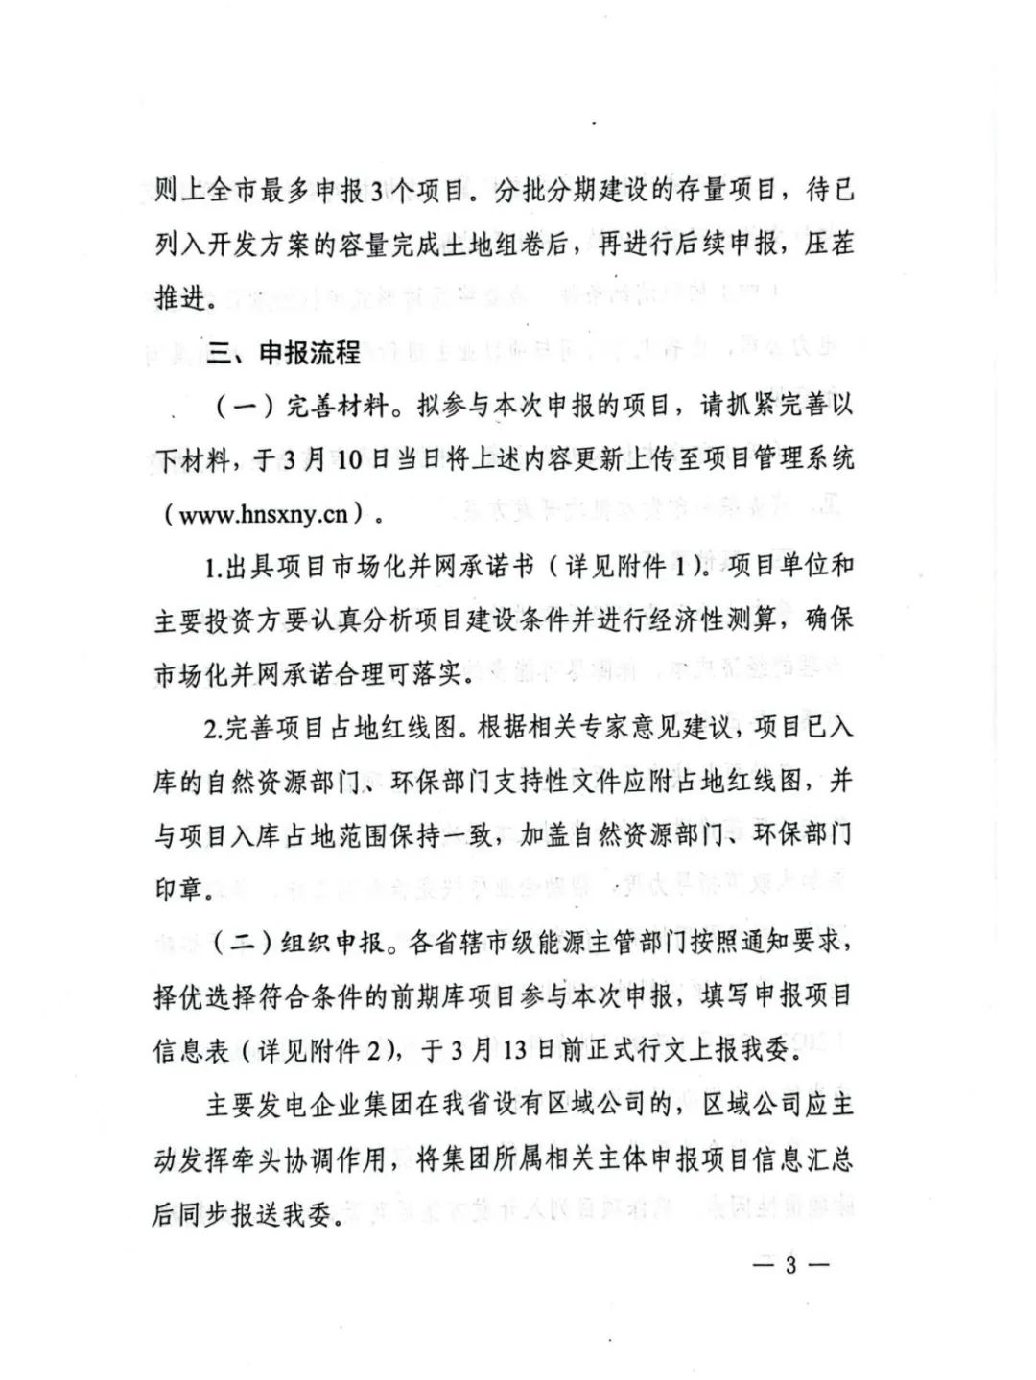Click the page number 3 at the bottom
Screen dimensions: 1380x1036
pos(791,1264)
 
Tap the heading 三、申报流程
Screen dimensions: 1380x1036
pos(284,353)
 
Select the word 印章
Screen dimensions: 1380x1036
pos(180,888)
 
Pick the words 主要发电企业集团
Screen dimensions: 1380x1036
pos(309,1105)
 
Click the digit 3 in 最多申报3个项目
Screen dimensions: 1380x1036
pos(375,191)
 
